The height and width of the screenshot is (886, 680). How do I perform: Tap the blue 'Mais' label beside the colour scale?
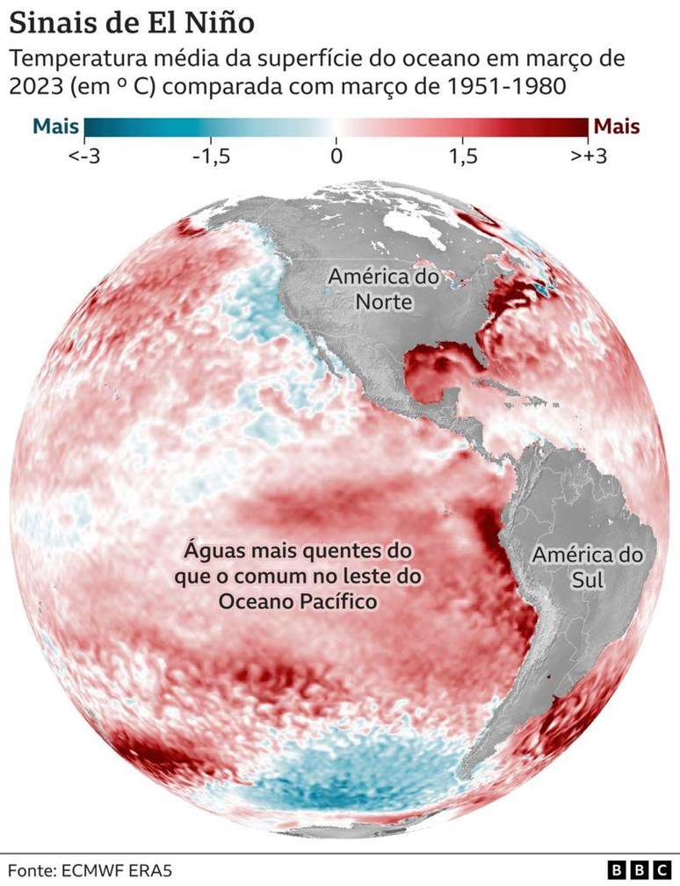[x=55, y=127]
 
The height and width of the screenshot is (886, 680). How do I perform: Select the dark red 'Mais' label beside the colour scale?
[x=618, y=127]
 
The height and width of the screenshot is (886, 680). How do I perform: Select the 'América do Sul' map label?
[x=587, y=568]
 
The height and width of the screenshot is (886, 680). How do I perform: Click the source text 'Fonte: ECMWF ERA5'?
[x=91, y=870]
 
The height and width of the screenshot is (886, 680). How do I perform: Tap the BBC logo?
[x=639, y=870]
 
